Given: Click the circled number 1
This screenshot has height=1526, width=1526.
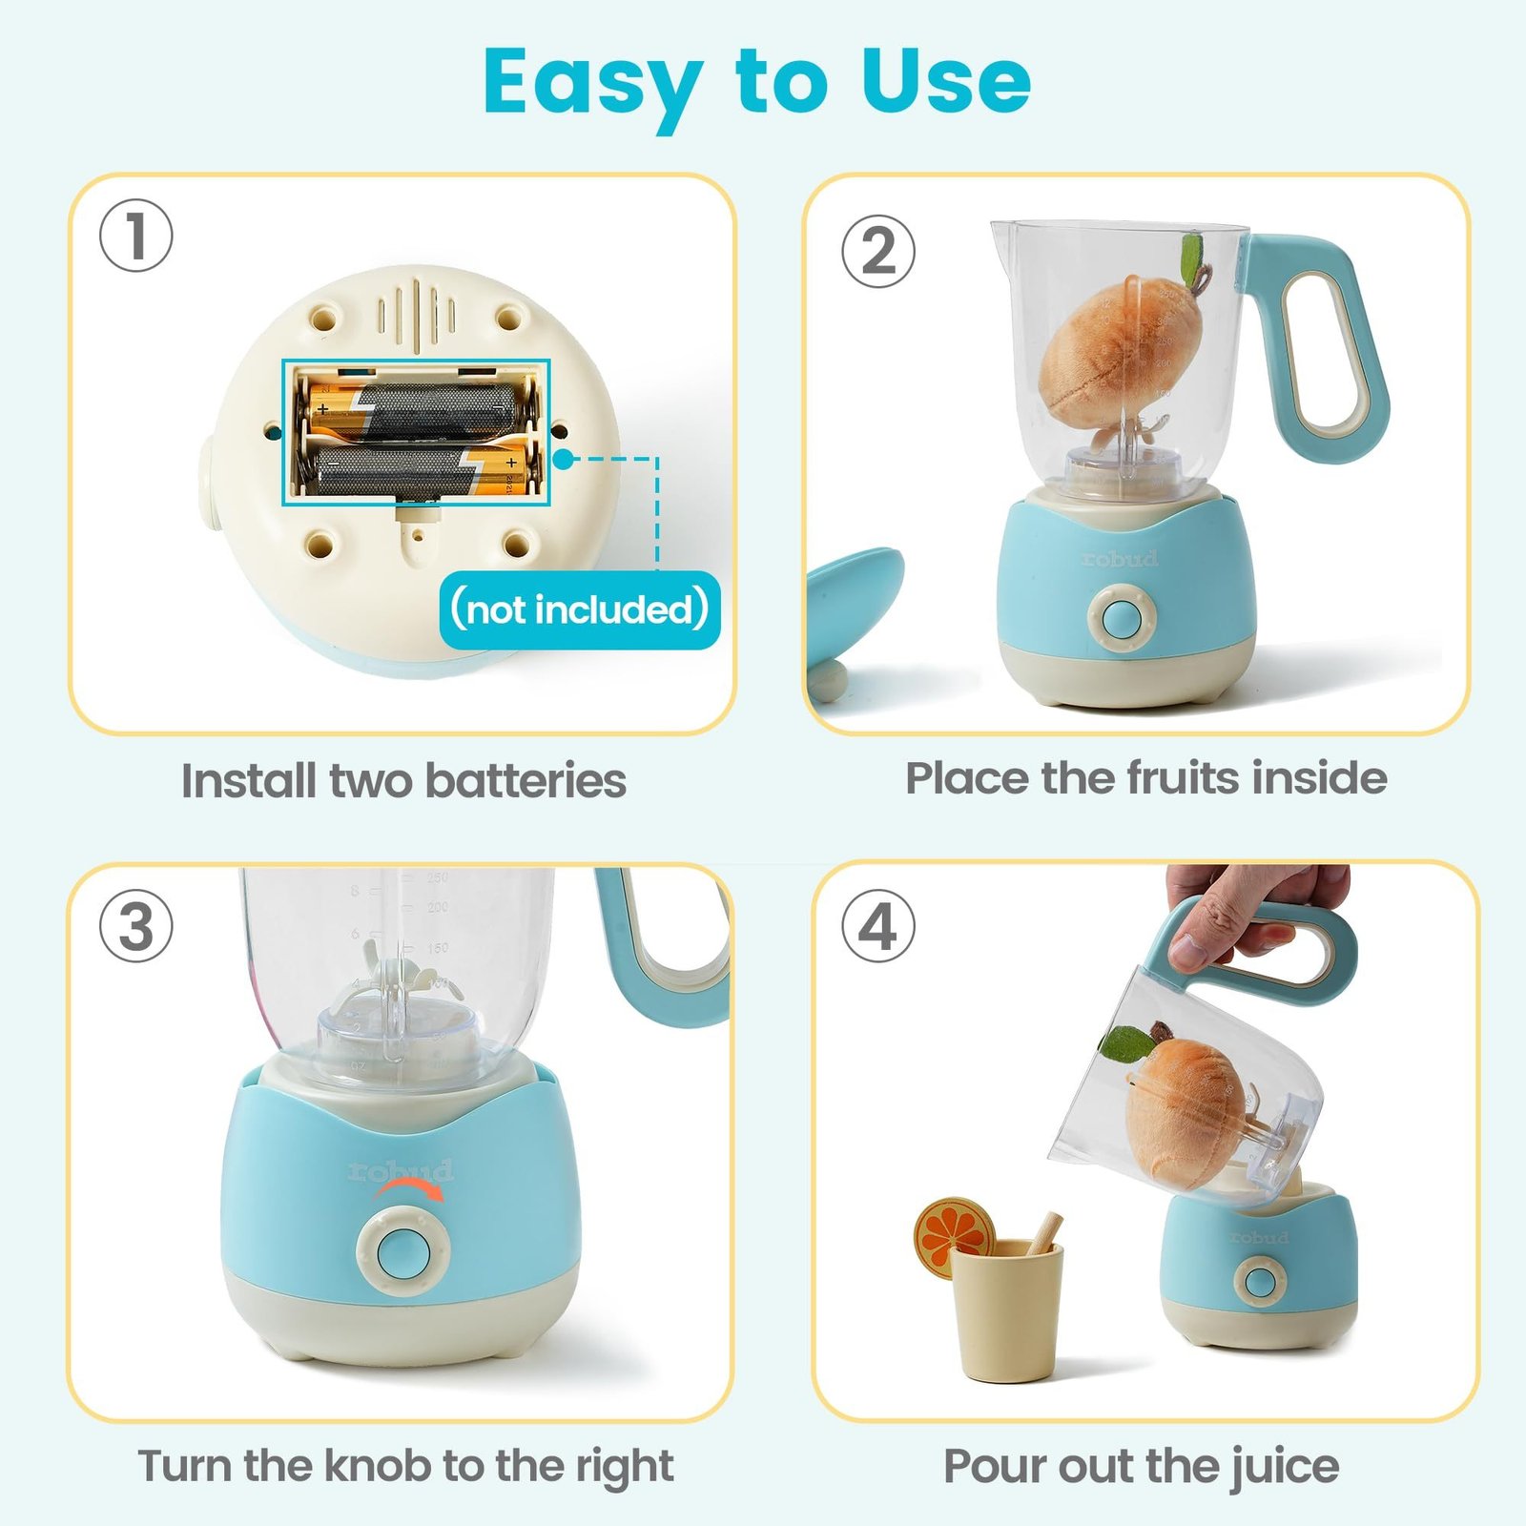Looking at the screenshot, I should tap(136, 236).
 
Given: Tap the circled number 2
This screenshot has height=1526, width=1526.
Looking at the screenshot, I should tap(877, 252).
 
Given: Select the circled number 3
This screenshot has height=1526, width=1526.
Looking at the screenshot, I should tap(136, 926).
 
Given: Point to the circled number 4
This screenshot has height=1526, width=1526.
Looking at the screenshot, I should tap(877, 926).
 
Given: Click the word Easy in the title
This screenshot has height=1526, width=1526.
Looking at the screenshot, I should tap(593, 84).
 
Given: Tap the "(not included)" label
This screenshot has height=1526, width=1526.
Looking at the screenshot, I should tap(580, 609).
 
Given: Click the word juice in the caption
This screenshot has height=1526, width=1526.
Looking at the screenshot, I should tap(1284, 1466).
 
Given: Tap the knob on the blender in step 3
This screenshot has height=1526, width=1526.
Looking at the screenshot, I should tap(403, 1250).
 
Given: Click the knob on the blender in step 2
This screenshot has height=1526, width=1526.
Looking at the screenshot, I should tap(1122, 617).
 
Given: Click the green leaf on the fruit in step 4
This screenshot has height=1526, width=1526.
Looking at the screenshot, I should tap(1126, 1043).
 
